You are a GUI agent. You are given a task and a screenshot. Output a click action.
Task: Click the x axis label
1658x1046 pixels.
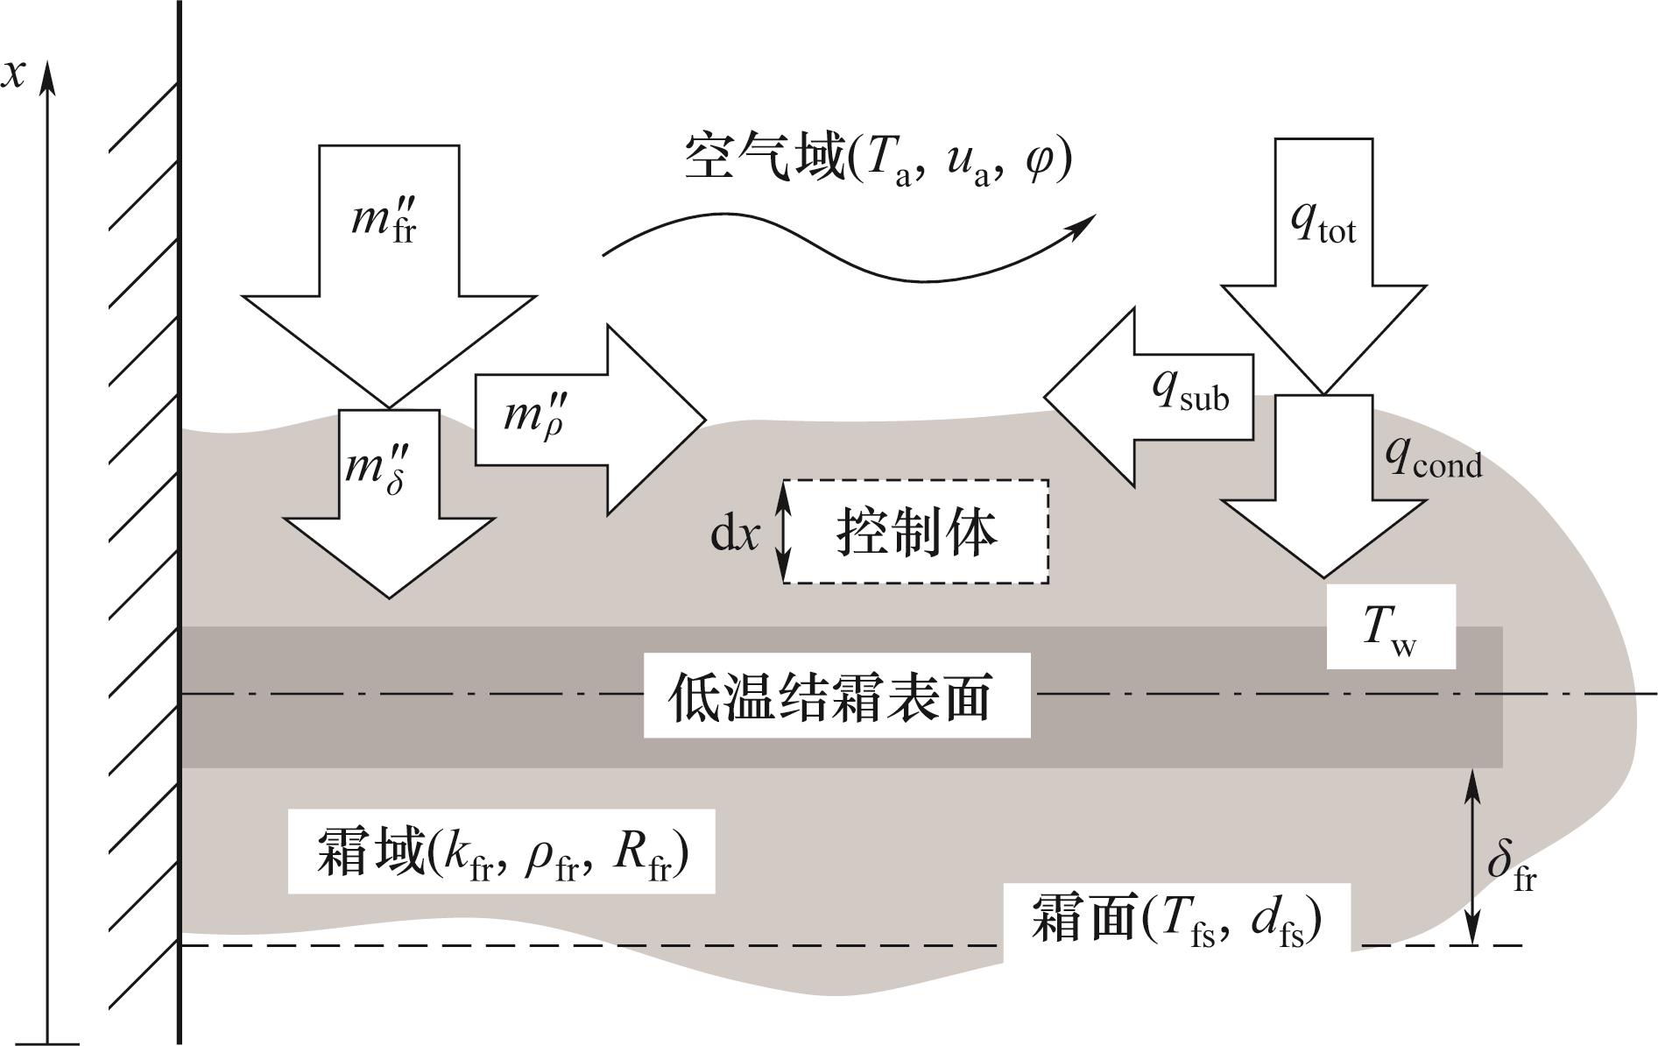(x=13, y=74)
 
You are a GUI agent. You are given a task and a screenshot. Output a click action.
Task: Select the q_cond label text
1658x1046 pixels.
(x=1433, y=456)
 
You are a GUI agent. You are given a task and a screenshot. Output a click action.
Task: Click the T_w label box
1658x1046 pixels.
(x=1391, y=627)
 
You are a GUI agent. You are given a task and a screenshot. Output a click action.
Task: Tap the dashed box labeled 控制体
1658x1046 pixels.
(x=915, y=531)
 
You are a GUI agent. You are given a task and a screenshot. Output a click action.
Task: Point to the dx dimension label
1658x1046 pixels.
(x=734, y=533)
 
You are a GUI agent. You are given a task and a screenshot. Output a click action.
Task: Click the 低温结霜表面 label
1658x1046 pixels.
(x=836, y=696)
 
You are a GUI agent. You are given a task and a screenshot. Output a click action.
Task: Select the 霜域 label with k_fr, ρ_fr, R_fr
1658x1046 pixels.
(x=501, y=852)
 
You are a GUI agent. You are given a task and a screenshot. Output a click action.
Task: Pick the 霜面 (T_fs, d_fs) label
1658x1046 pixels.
(x=1175, y=917)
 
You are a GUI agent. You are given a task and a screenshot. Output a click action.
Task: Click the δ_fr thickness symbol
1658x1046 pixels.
(x=1512, y=865)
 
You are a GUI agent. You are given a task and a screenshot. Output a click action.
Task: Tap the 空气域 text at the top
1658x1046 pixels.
(x=762, y=158)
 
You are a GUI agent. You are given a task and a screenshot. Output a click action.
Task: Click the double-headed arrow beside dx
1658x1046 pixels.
(x=784, y=532)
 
